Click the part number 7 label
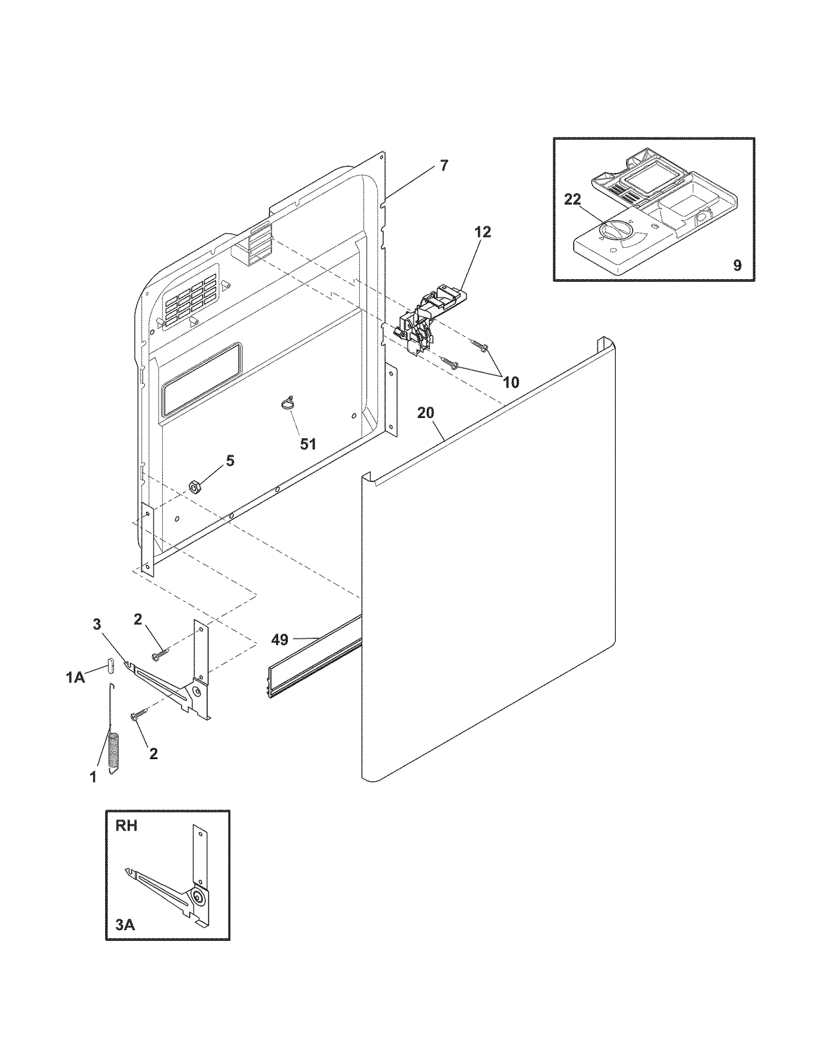pyautogui.click(x=444, y=166)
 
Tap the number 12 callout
pyautogui.click(x=482, y=232)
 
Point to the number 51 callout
pyautogui.click(x=308, y=444)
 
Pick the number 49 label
pyautogui.click(x=280, y=640)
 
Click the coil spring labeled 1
pyautogui.click(x=113, y=752)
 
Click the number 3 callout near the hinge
pyautogui.click(x=96, y=624)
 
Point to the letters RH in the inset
pyautogui.click(x=126, y=826)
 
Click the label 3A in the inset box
pyautogui.click(x=125, y=925)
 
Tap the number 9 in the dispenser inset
pyautogui.click(x=737, y=265)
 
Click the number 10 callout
pyautogui.click(x=511, y=382)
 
